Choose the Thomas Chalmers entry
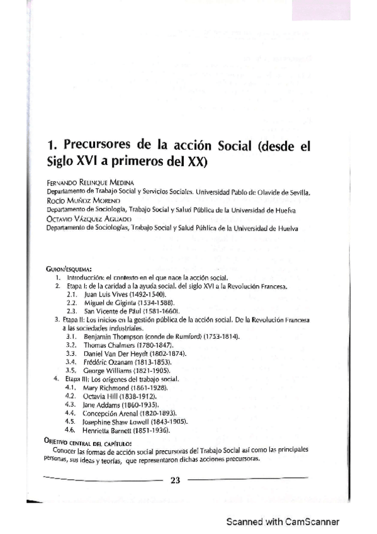point(118,346)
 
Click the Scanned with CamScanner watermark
point(283,522)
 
